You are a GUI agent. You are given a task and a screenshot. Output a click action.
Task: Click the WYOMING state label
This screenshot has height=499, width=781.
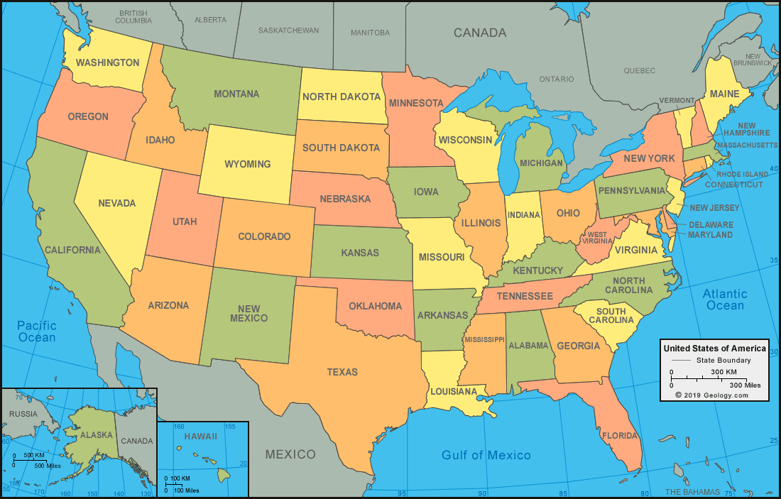click(x=248, y=164)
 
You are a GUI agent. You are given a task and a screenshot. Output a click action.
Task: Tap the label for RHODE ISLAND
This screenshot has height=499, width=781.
click(x=742, y=174)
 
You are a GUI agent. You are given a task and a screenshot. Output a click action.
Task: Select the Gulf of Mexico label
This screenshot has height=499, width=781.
click(x=486, y=455)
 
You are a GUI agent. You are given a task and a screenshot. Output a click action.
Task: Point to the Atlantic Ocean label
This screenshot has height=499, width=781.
click(x=724, y=300)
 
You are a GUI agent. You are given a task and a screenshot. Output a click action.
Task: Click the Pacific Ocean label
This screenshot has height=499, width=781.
click(x=37, y=331)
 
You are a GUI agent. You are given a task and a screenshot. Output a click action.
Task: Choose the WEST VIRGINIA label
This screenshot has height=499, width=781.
click(x=597, y=238)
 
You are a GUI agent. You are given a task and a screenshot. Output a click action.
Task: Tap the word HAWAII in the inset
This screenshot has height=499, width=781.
click(x=201, y=437)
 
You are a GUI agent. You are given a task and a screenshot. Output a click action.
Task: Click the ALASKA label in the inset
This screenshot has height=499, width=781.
click(x=96, y=434)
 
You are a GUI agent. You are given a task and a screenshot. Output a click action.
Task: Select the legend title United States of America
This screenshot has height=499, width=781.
click(x=714, y=349)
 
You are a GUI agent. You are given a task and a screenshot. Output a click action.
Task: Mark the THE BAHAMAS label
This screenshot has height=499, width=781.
click(x=692, y=492)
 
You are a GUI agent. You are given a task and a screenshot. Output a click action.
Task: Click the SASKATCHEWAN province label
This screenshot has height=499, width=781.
click(x=288, y=31)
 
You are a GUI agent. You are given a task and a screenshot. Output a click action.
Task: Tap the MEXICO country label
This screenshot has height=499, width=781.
click(x=290, y=454)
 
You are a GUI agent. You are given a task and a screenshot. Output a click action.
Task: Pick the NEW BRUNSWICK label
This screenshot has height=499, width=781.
click(x=753, y=60)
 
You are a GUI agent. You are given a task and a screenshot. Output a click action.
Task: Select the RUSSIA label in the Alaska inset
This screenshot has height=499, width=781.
click(x=23, y=414)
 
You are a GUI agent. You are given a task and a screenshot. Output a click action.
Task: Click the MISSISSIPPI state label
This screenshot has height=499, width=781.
click(x=485, y=339)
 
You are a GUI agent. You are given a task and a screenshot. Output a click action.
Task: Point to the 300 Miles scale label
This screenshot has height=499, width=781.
click(x=745, y=385)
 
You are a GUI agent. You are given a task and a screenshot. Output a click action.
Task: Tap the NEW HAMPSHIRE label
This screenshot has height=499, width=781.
click(x=746, y=129)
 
